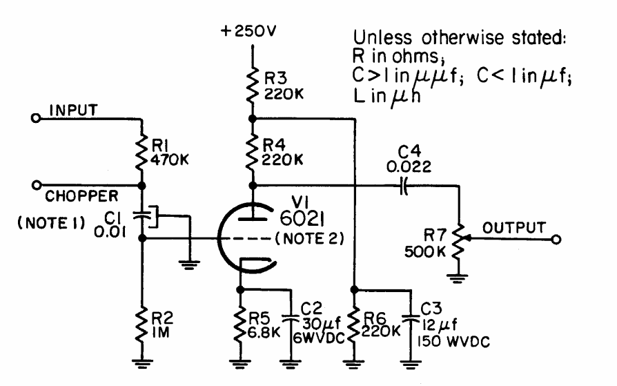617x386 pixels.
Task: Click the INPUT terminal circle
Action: pyautogui.click(x=36, y=118)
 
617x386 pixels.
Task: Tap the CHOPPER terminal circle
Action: pyautogui.click(x=37, y=185)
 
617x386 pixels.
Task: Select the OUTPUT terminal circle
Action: pyautogui.click(x=556, y=239)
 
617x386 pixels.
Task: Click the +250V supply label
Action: pyautogui.click(x=248, y=31)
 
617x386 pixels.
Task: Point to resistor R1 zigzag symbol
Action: pyautogui.click(x=141, y=151)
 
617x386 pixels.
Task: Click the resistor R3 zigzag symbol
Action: pyautogui.click(x=252, y=85)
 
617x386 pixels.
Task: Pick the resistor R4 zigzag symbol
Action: pyautogui.click(x=252, y=152)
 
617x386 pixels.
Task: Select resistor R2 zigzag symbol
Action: pyautogui.click(x=141, y=325)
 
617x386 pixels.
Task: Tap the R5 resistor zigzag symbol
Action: pyautogui.click(x=239, y=325)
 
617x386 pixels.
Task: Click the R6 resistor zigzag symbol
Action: pyautogui.click(x=354, y=325)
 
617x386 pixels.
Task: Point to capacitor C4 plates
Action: pyautogui.click(x=403, y=185)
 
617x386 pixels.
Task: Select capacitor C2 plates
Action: pyautogui.click(x=291, y=318)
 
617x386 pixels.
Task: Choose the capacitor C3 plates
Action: pyautogui.click(x=411, y=318)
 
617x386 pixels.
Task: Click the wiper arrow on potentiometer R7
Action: pyautogui.click(x=467, y=239)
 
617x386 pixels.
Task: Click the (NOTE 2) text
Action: pyautogui.click(x=309, y=239)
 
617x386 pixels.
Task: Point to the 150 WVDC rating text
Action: pyautogui.click(x=453, y=342)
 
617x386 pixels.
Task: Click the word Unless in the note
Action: pyautogui.click(x=382, y=38)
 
